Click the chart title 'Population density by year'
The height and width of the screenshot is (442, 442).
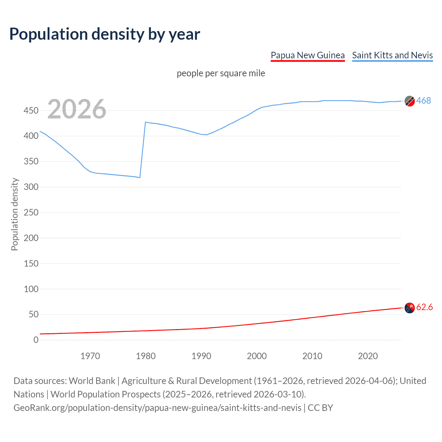click(105, 34)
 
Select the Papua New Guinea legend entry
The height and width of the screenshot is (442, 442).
click(307, 55)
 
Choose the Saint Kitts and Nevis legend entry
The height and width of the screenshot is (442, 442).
click(392, 55)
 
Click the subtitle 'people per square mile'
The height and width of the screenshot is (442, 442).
click(221, 73)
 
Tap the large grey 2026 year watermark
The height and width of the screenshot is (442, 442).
click(77, 109)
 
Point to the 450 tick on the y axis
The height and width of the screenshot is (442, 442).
click(31, 110)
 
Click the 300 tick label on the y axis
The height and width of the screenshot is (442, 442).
click(31, 187)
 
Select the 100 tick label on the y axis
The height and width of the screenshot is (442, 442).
click(31, 289)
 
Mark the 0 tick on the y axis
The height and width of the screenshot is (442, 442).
click(36, 340)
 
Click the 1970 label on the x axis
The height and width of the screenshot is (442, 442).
click(90, 356)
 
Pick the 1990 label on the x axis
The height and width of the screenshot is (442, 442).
click(201, 356)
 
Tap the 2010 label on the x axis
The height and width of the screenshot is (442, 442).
click(312, 356)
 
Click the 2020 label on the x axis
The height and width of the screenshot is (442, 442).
click(368, 356)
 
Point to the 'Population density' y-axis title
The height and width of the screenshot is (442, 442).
click(15, 214)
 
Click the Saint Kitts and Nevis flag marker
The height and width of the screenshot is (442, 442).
click(410, 101)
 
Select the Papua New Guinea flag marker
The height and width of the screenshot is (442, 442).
click(410, 308)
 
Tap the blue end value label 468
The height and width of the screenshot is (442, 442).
click(423, 100)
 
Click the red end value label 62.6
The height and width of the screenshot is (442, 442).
click(424, 307)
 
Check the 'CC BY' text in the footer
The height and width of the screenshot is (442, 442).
click(320, 408)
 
